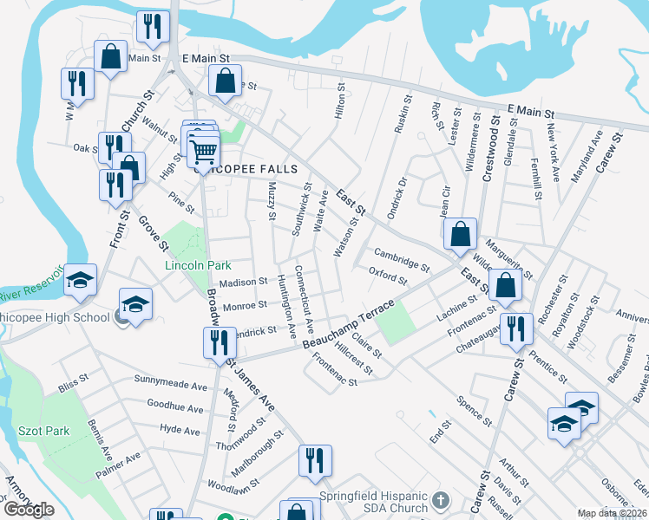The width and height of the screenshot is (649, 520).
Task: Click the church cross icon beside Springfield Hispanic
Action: (x=441, y=501)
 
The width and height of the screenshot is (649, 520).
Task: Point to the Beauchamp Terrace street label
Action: (x=349, y=324)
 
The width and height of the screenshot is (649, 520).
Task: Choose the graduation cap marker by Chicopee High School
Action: (x=135, y=304)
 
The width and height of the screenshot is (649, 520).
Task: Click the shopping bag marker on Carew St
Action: (x=505, y=283)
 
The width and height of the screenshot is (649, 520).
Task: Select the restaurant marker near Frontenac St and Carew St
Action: (x=515, y=328)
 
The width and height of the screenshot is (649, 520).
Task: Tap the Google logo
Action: (x=28, y=510)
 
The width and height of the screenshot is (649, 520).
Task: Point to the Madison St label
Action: (x=242, y=283)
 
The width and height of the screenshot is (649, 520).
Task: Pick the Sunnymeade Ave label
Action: (x=171, y=380)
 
